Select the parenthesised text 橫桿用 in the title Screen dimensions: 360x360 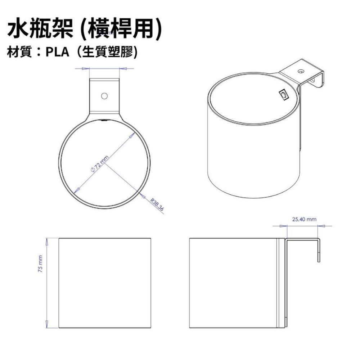point(119,30)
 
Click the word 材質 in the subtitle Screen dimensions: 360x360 point(20,53)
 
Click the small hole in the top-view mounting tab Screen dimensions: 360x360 point(104,96)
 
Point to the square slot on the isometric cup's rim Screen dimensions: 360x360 point(284,95)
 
